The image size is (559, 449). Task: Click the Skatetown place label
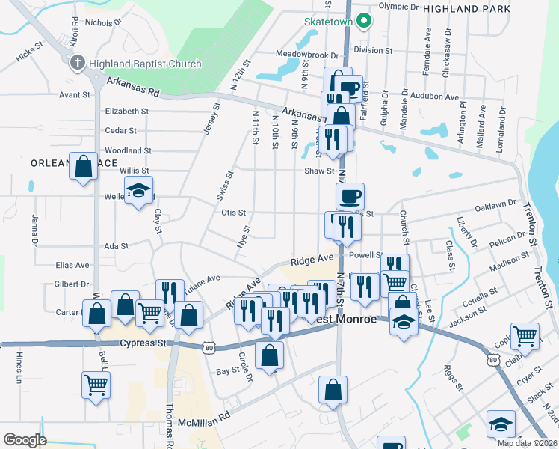point(327,21)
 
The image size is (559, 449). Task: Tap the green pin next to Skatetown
point(363,20)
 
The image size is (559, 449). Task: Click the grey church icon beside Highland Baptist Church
point(76,64)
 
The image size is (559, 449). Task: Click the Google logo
point(24,440)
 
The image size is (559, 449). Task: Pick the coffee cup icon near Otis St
point(350,197)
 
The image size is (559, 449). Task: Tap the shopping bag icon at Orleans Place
point(84,166)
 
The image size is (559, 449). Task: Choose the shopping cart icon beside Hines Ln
point(96,385)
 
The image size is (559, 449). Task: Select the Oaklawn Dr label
point(495,203)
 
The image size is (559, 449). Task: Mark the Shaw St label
point(319,171)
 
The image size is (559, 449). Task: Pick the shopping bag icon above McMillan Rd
point(333,389)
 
